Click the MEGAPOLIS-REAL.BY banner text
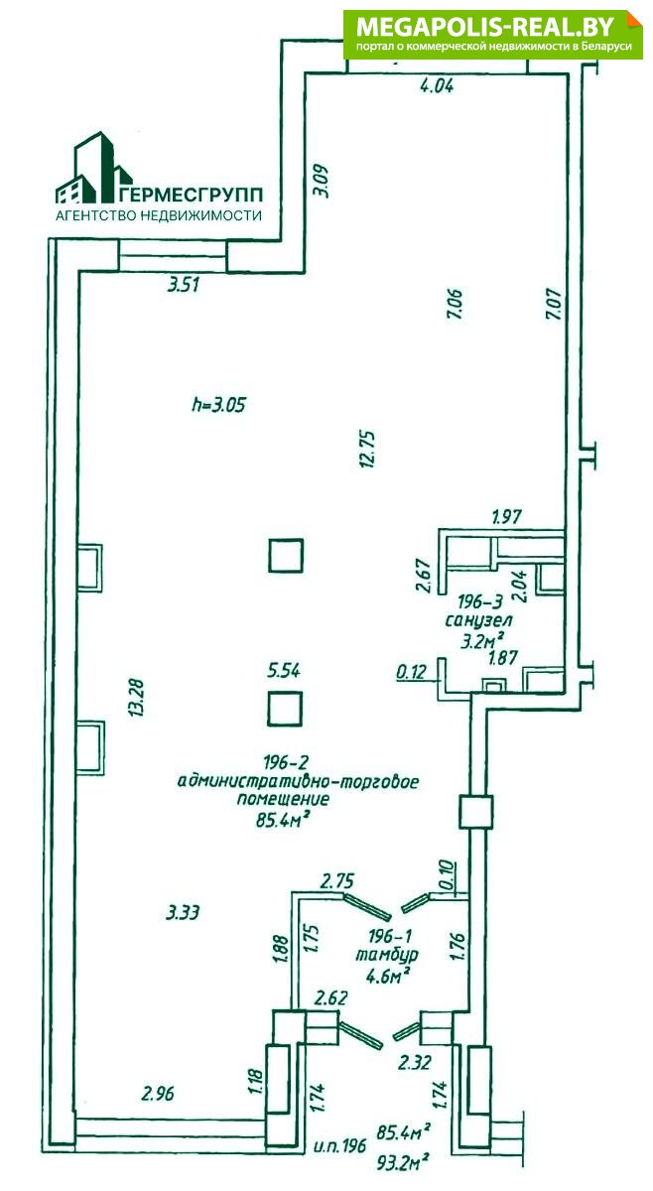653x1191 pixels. click(485, 26)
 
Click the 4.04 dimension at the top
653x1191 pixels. click(437, 86)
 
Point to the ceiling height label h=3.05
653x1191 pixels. click(219, 406)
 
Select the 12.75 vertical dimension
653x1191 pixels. click(368, 450)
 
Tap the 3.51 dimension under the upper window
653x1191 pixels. click(183, 286)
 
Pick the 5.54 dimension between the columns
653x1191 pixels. click(284, 671)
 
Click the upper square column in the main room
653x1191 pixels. click(286, 556)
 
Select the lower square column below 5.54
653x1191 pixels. click(285, 709)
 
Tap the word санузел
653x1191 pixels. click(479, 620)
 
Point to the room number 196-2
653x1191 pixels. click(286, 763)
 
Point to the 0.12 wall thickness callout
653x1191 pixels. click(412, 673)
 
